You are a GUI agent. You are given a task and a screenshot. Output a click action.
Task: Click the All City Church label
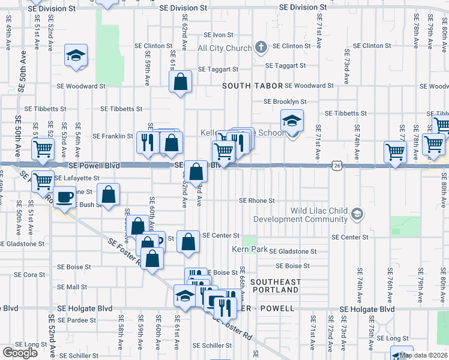(224, 48)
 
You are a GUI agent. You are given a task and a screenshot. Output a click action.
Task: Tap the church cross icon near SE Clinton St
(261, 46)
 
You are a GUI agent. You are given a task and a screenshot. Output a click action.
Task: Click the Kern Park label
(250, 248)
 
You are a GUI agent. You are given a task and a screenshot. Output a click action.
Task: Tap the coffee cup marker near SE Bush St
(65, 197)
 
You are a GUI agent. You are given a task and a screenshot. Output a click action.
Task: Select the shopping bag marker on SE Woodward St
(180, 82)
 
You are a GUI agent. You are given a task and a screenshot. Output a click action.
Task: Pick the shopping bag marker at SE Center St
(188, 242)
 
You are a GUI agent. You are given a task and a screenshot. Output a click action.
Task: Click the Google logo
(20, 353)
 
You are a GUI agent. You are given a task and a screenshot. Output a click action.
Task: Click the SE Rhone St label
(257, 201)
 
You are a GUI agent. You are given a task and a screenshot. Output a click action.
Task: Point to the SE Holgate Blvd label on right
(367, 309)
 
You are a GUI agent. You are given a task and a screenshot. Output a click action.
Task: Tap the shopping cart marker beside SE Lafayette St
(43, 180)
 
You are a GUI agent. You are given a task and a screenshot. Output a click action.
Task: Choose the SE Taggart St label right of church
(285, 65)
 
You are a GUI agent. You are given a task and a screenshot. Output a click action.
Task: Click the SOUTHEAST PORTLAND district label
(275, 286)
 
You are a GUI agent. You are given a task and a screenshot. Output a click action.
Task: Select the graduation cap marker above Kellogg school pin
(292, 121)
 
